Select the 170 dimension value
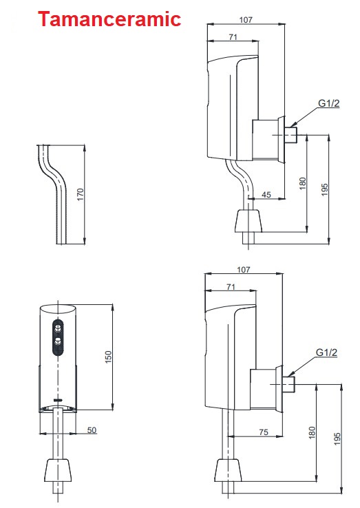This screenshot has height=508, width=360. [81, 195]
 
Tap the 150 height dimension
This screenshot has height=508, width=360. [109, 357]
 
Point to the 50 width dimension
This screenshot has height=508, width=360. [91, 430]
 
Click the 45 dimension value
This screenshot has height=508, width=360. [266, 195]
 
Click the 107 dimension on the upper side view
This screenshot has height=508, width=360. [246, 20]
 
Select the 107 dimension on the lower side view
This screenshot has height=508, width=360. [244, 270]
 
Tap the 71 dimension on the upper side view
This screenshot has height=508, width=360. [233, 37]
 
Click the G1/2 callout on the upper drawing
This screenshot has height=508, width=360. [328, 104]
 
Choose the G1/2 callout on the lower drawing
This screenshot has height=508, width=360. [326, 352]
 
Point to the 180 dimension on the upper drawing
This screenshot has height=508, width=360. [302, 184]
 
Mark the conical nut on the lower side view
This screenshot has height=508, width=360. [227, 472]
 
